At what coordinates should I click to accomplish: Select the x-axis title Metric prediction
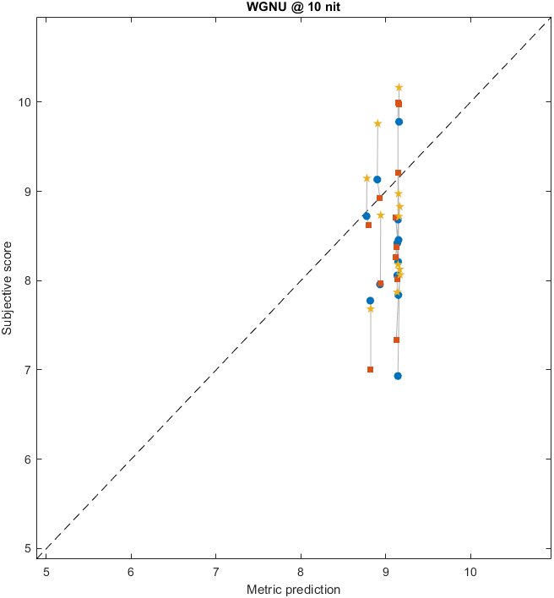295,589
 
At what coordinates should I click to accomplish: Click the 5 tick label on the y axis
29,548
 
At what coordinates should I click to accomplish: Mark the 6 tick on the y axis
29,459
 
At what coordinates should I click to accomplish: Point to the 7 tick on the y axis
29,370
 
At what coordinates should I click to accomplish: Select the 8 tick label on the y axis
29,280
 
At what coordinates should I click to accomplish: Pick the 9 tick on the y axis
29,191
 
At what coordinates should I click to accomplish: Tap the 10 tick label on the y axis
26,102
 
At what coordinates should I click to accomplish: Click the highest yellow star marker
399,88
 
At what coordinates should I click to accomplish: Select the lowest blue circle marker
398,376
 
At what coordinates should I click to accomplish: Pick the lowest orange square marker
370,369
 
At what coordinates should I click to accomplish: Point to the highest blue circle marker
399,122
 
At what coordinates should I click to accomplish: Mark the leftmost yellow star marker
367,178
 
